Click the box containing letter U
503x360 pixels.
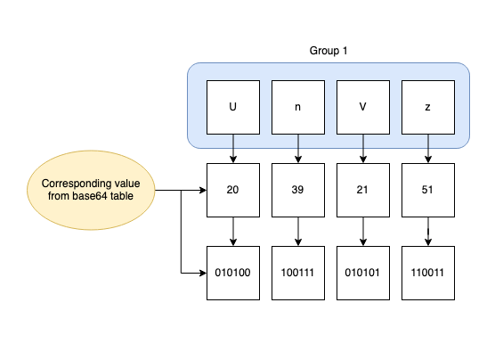233,106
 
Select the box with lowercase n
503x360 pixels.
298,106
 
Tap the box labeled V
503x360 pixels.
363,106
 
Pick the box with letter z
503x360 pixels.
429,106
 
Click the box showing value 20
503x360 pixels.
233,191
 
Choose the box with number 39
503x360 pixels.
298,191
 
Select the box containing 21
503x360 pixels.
363,191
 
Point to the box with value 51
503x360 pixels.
429,191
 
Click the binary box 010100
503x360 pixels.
233,273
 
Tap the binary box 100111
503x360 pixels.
298,273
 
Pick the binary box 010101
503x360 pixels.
363,273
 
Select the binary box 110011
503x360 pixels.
429,273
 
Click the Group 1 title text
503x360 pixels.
328,50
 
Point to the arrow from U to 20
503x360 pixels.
233,148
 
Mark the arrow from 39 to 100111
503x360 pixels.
298,232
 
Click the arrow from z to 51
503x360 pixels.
429,148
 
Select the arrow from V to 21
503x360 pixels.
363,148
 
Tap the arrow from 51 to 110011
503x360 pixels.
429,232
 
